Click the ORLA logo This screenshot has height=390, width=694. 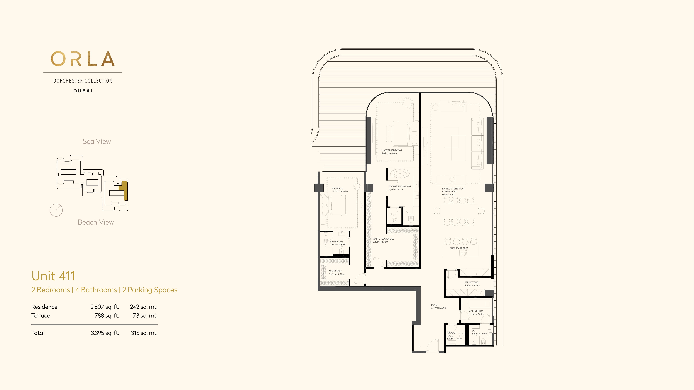click(x=83, y=59)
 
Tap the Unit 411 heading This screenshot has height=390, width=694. click(x=53, y=276)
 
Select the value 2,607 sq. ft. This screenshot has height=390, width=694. click(x=105, y=307)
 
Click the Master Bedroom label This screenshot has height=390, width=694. click(x=391, y=150)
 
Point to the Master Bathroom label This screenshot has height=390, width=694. click(x=400, y=186)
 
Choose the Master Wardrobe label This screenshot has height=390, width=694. click(x=383, y=239)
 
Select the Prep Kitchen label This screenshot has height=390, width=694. click(x=472, y=282)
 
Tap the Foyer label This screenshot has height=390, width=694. click(x=435, y=305)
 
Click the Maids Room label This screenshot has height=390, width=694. click(x=476, y=311)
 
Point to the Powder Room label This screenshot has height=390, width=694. click(x=451, y=334)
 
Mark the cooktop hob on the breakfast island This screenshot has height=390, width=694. click(x=464, y=253)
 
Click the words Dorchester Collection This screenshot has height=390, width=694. click(x=83, y=81)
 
